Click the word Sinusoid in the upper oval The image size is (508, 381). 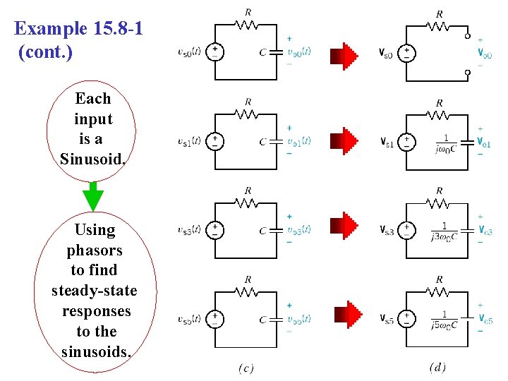93,158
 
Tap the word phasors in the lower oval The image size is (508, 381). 95,250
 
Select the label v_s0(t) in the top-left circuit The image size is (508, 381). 190,52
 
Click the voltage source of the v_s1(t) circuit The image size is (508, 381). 214,142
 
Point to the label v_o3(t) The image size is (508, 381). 299,230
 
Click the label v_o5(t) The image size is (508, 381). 299,319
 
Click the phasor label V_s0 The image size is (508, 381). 386,54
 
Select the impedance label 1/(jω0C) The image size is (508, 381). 446,143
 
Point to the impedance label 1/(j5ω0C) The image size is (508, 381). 445,320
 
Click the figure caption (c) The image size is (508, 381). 246,368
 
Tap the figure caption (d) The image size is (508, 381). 437,368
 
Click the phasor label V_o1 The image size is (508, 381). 484,143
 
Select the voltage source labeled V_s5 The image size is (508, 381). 406,319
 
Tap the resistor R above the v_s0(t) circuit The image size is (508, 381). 247,24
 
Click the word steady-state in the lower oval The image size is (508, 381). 95,291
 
